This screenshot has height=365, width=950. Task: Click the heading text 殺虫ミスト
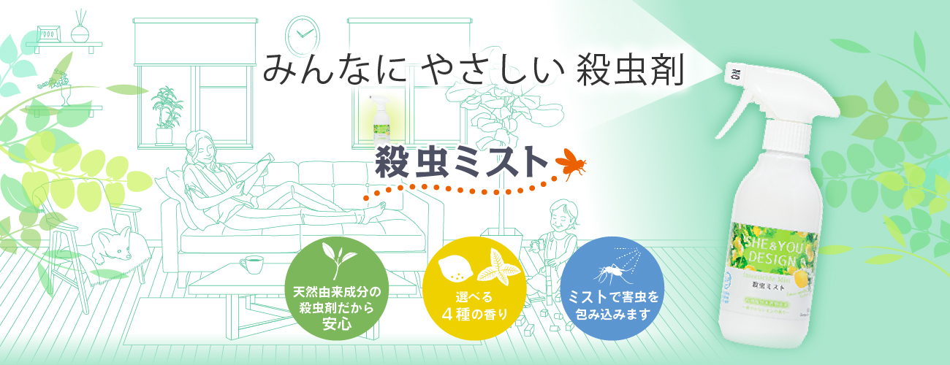461,162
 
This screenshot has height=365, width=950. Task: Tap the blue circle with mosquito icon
613,288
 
